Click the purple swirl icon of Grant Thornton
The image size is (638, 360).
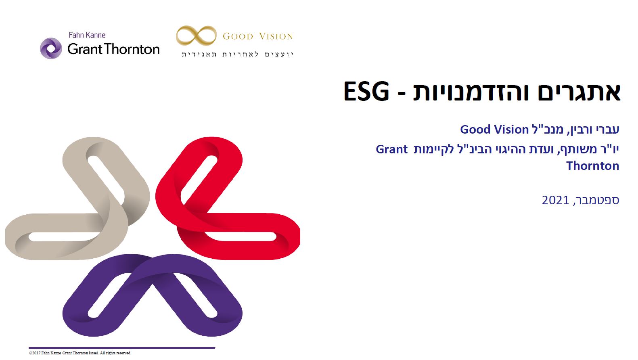(51, 48)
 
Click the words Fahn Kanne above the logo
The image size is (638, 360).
(87, 35)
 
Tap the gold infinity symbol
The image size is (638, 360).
(196, 36)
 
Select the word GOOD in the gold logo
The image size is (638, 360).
(238, 36)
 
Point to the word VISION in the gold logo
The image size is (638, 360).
(276, 36)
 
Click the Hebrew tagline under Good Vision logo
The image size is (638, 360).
(238, 54)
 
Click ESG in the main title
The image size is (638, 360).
(366, 92)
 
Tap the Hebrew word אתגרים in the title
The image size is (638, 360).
(579, 92)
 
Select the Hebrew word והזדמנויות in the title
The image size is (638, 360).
(471, 92)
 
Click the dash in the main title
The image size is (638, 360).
(401, 93)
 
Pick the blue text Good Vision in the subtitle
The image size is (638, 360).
(494, 130)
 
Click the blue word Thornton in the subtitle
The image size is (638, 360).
(593, 166)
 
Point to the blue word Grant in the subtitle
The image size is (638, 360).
(391, 149)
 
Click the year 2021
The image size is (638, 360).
(555, 200)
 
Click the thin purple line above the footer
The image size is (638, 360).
(122, 348)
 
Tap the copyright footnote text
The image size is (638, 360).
(80, 353)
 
